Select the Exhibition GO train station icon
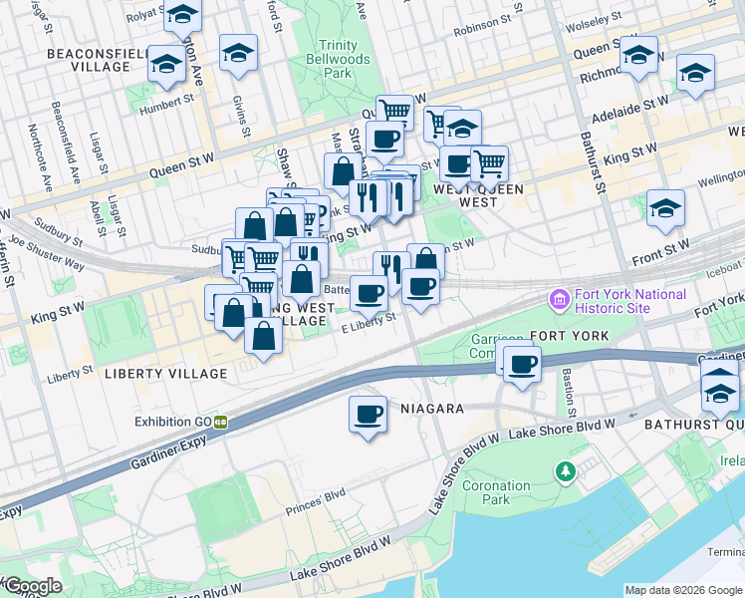pyautogui.click(x=220, y=422)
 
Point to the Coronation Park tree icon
pyautogui.click(x=566, y=469)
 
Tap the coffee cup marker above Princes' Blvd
pyautogui.click(x=368, y=414)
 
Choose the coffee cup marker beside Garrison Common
pyautogui.click(x=521, y=364)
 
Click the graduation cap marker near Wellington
pyautogui.click(x=665, y=209)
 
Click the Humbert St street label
pyautogui.click(x=166, y=102)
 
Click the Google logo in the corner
pyautogui.click(x=32, y=586)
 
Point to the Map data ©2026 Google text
pyautogui.click(x=683, y=590)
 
